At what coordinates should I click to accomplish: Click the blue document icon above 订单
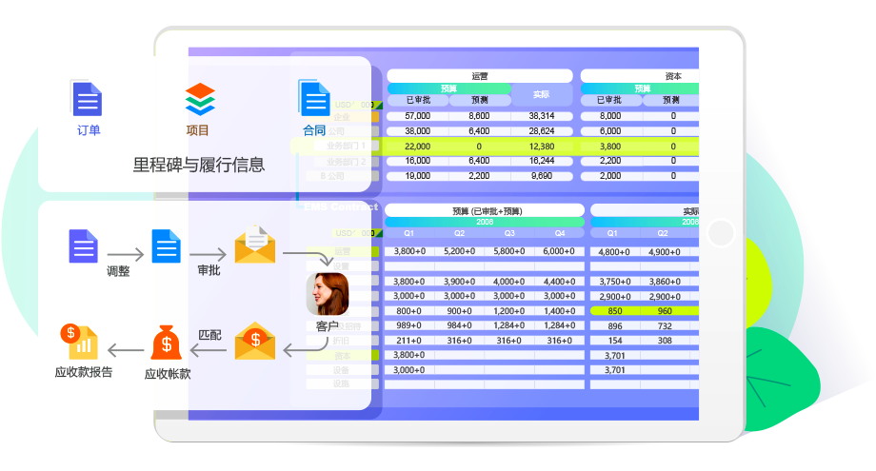tap(87, 99)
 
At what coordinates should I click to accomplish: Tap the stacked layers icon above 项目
tap(200, 99)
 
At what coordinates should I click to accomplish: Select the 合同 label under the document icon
tap(313, 130)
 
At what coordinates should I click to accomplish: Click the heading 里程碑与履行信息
tap(199, 165)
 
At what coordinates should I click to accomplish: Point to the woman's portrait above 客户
tap(327, 294)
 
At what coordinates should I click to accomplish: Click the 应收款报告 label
tap(84, 372)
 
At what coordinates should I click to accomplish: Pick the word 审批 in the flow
tap(209, 270)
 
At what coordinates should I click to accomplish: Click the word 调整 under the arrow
tap(119, 271)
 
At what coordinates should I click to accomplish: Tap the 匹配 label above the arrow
tap(209, 335)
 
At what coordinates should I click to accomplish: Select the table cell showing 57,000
tap(417, 116)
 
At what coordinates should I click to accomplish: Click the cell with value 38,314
tap(541, 116)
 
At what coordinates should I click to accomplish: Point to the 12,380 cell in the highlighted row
tap(541, 147)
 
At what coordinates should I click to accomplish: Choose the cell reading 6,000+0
tap(560, 252)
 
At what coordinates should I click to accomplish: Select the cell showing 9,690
tap(541, 176)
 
